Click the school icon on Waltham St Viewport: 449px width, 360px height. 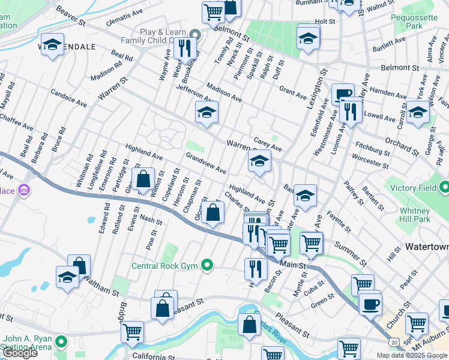click(67, 277)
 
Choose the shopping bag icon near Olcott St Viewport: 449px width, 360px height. click(212, 212)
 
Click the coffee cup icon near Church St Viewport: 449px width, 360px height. click(370, 302)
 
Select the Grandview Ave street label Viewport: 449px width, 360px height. click(206, 163)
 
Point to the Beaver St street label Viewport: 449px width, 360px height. click(71, 16)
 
